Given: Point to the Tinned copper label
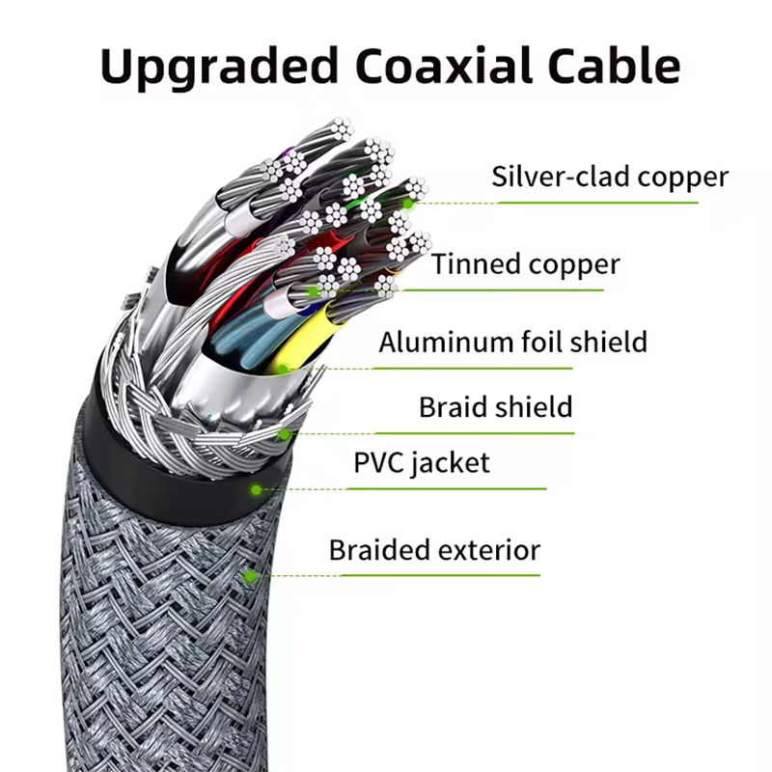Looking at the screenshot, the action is [526, 263].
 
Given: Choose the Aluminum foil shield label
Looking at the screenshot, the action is [512, 342].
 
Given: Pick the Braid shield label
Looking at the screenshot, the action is [495, 406].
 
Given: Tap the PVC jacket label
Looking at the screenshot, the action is [421, 462].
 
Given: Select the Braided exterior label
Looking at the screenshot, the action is [434, 551].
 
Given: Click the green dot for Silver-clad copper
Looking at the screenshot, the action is [409, 203].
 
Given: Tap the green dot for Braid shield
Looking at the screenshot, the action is [284, 434].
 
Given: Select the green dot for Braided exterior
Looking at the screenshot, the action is [250, 576].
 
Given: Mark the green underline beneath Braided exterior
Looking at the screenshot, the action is [434, 576].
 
